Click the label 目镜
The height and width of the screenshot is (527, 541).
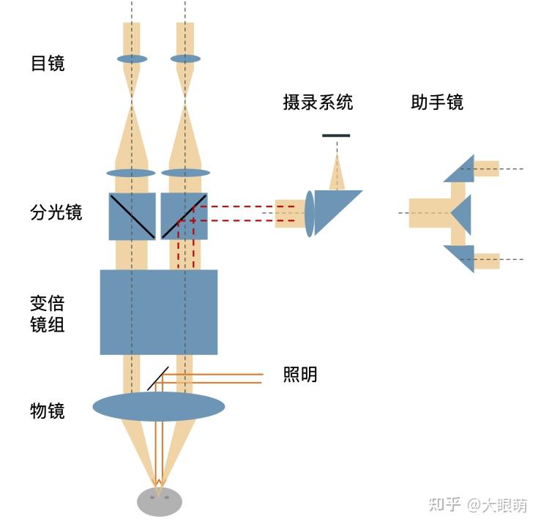click(x=48, y=64)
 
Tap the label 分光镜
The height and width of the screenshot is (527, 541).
click(x=56, y=213)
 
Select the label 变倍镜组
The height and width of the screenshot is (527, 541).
click(x=48, y=313)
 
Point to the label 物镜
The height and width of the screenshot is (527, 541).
click(x=48, y=411)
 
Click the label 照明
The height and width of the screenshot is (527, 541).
click(x=300, y=374)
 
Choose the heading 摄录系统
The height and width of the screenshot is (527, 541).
click(x=318, y=102)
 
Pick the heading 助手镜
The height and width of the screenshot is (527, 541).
click(x=437, y=102)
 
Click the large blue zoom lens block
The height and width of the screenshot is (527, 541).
click(x=158, y=312)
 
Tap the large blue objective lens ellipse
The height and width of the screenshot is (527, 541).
click(x=158, y=406)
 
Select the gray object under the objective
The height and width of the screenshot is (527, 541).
click(x=159, y=501)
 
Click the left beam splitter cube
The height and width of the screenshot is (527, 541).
click(x=132, y=216)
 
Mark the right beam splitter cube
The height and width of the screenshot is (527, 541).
click(x=184, y=216)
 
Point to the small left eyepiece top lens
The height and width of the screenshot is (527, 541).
click(x=132, y=59)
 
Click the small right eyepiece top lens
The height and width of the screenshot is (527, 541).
click(x=185, y=59)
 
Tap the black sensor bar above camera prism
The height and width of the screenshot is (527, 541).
click(x=336, y=135)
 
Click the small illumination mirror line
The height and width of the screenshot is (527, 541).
click(x=157, y=378)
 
